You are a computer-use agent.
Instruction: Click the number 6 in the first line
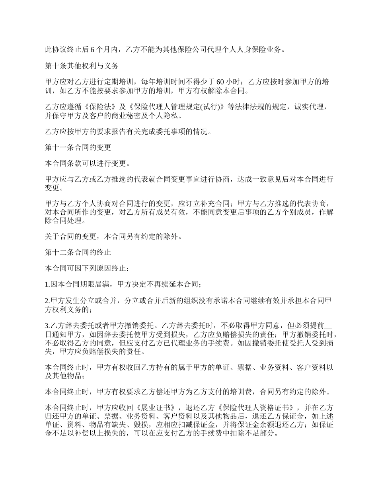coord(93,50)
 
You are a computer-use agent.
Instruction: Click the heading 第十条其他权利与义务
coord(81,66)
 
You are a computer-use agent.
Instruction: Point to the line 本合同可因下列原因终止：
coord(87,269)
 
